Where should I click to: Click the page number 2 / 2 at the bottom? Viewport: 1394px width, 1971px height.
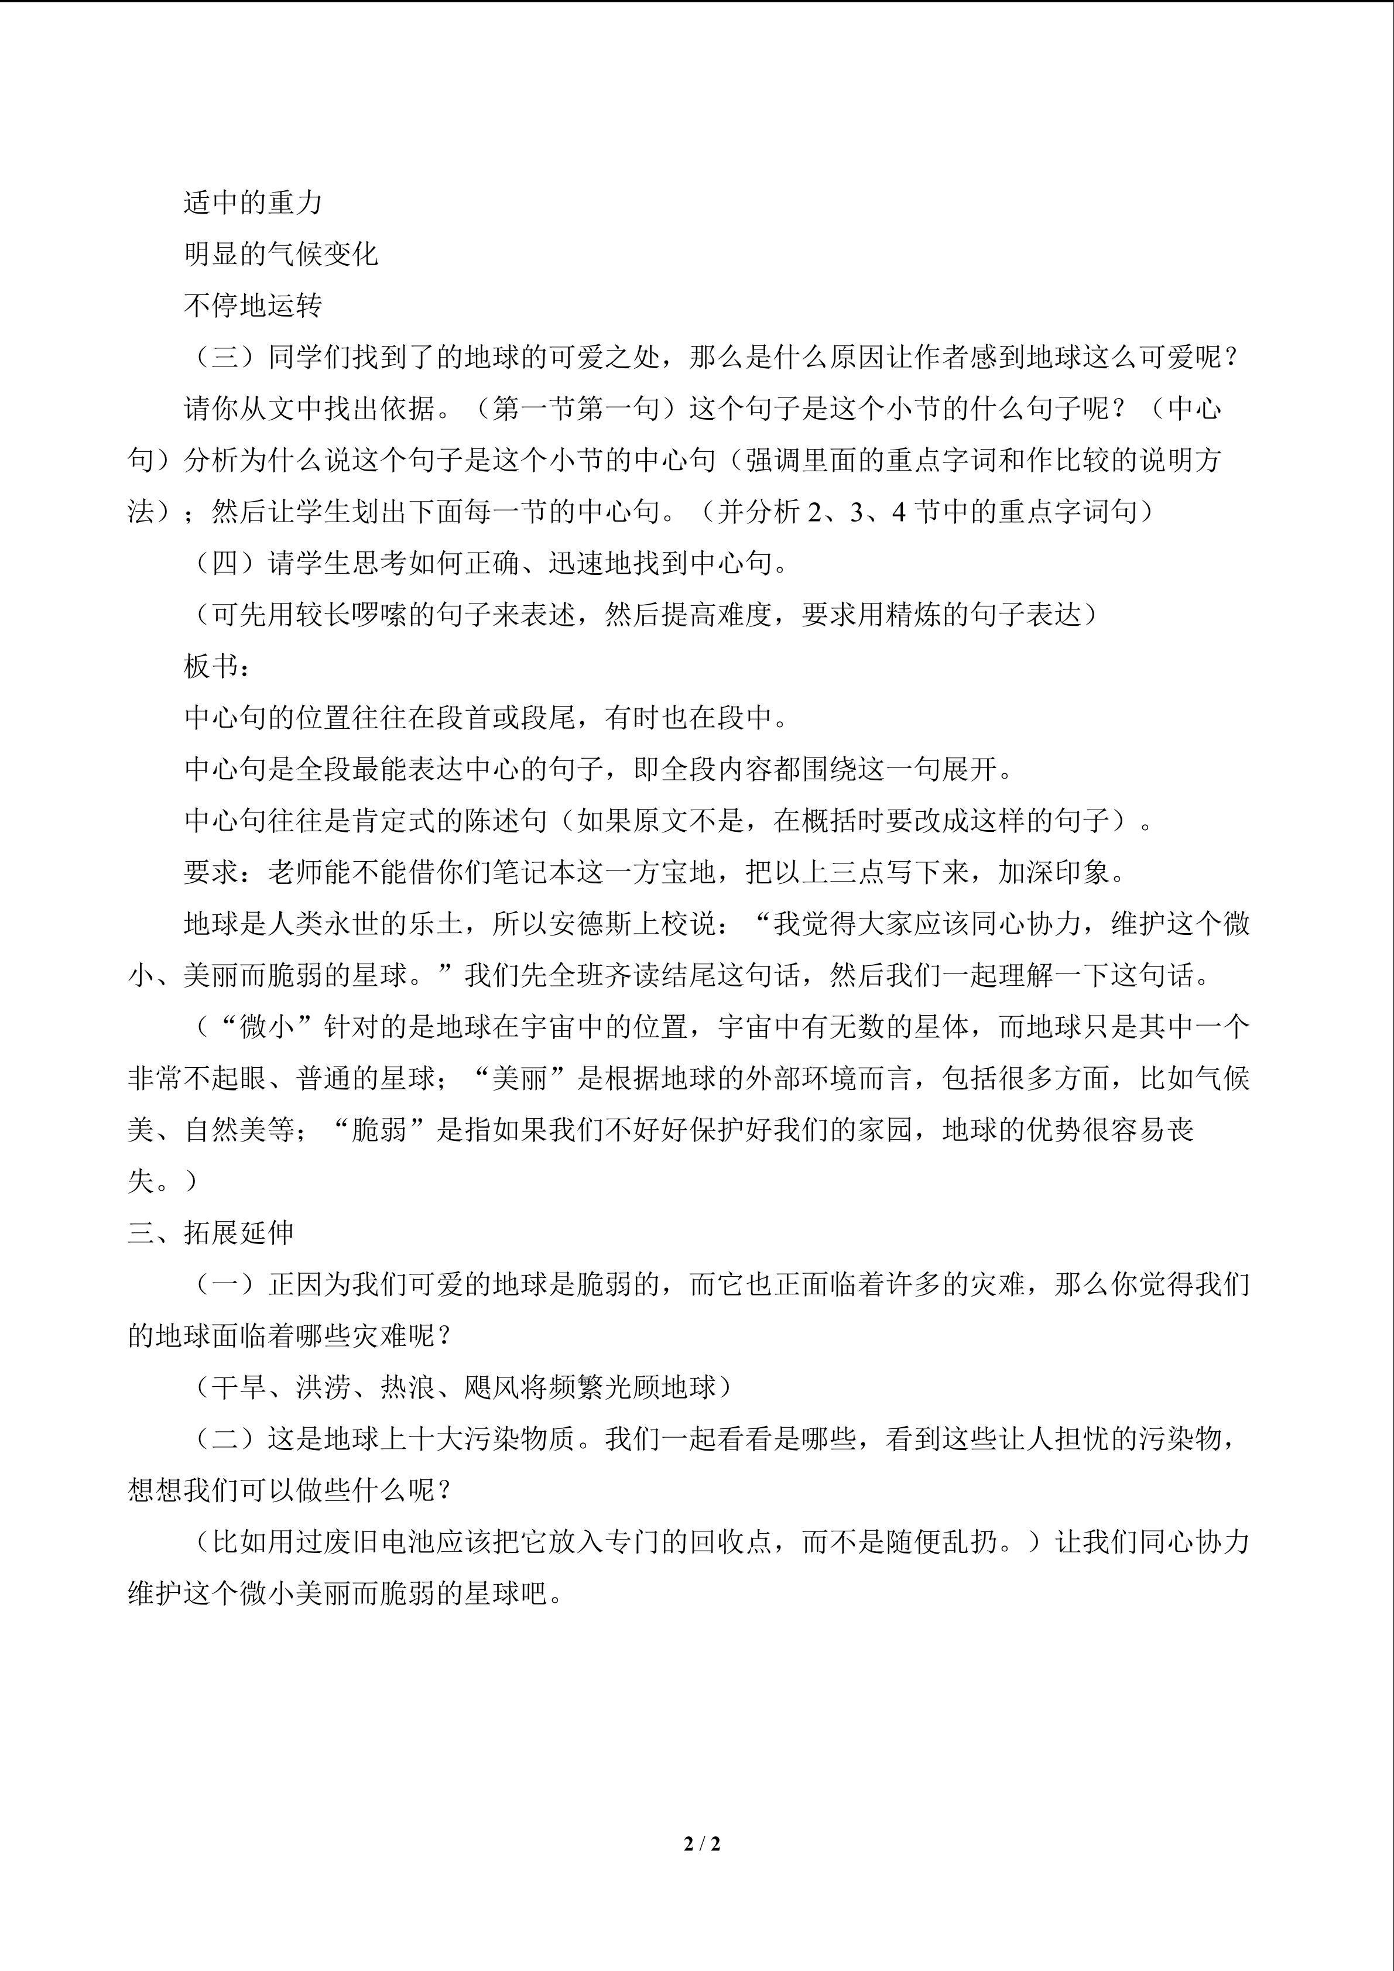tap(701, 1843)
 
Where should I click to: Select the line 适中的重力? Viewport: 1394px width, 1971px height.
tap(254, 203)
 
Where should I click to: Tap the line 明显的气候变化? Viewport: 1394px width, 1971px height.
tap(280, 254)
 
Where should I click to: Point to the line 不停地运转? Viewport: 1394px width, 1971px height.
tap(254, 306)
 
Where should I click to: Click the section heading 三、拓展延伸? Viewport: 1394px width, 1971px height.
tap(211, 1233)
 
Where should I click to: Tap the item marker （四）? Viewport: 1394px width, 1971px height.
tap(225, 564)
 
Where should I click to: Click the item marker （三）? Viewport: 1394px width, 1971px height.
tap(225, 357)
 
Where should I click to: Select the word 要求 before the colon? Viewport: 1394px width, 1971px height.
tap(211, 872)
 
